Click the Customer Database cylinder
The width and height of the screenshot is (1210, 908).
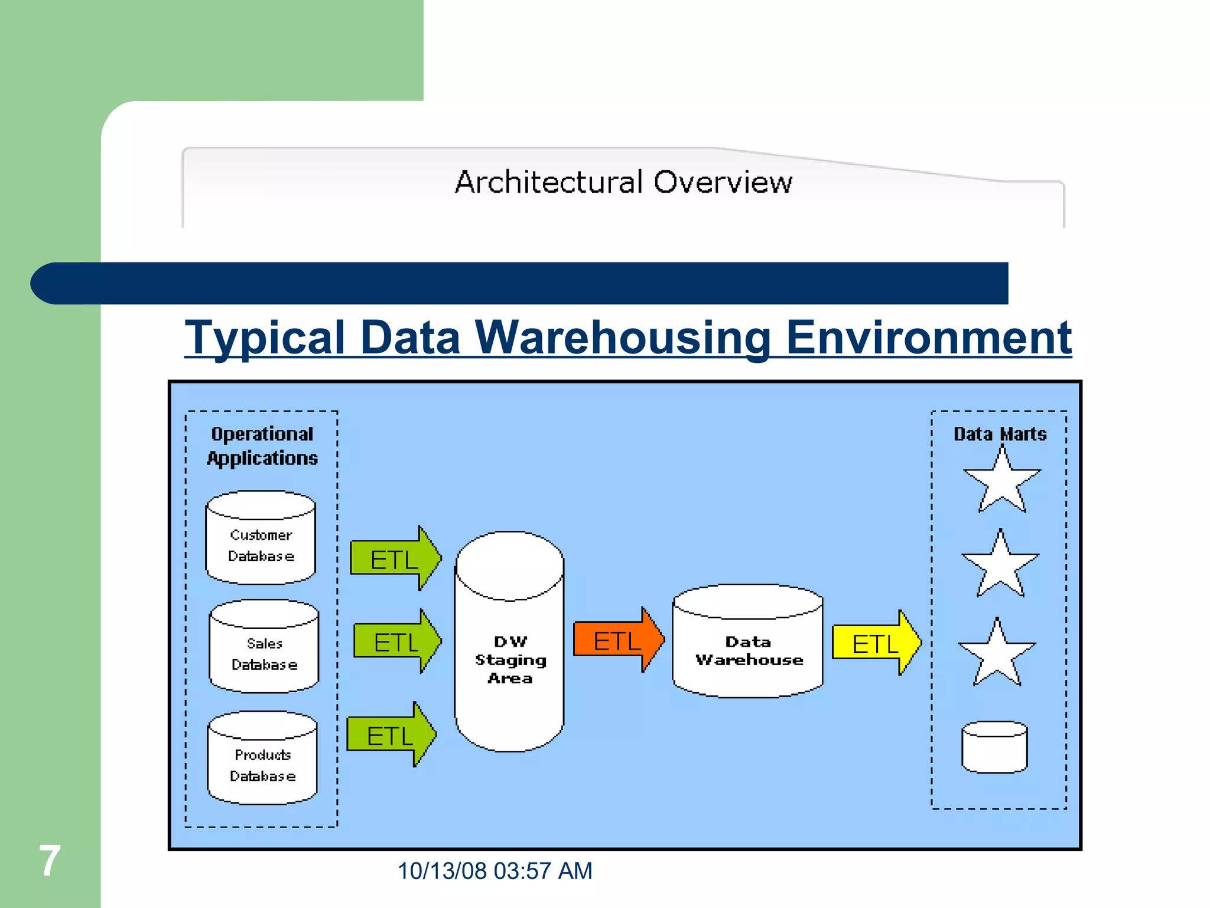(261, 539)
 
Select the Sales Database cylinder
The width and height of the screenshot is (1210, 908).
(264, 647)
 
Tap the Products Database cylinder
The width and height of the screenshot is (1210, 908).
(262, 758)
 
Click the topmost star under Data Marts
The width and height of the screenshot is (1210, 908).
(1002, 482)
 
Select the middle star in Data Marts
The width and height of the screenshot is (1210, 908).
(1000, 566)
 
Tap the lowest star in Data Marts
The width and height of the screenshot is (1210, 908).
(997, 655)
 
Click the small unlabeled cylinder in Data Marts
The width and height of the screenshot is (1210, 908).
(994, 747)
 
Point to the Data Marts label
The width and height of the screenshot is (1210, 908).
(1000, 434)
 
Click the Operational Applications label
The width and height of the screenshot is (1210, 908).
(262, 446)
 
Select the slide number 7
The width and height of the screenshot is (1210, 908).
(50, 861)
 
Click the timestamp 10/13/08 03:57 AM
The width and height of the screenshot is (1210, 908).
(495, 871)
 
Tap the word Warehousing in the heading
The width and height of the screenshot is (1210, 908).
(623, 338)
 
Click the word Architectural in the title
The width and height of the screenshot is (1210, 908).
(548, 182)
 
